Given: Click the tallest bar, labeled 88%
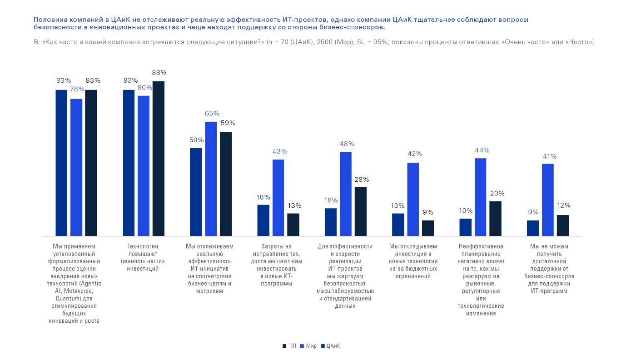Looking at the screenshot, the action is pos(159,159).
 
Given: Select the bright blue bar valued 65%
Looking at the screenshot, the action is pos(211,179).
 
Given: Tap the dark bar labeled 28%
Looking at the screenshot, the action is pos(361,211).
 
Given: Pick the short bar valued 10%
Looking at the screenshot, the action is pos(465,227).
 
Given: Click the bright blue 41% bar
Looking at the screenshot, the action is pos(548,200).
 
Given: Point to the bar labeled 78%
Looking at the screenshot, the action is pos(76,168).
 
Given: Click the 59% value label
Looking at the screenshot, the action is pos(228,123).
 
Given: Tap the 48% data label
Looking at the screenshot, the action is pos(347,144).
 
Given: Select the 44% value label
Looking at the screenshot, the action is pos(482,150).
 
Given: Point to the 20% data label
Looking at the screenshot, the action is pos(497,193).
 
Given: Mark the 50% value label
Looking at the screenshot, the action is pos(196,140).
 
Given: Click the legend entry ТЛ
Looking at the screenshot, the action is pos(289,346).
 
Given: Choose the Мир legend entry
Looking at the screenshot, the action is pos(308,346).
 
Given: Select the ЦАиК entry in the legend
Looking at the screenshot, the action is pos(331,346).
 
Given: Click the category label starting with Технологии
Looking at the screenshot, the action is pos(143,257).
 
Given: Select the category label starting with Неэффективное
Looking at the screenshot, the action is pos(481,280).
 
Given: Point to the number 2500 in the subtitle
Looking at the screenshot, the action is pos(325,42).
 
